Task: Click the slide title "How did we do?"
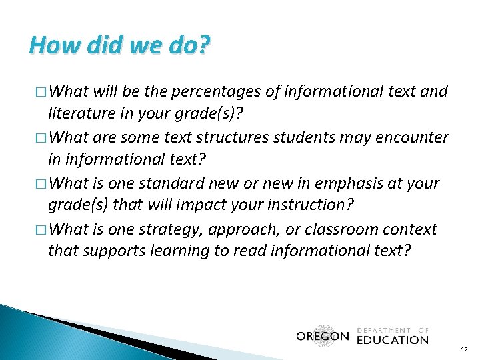(x=120, y=45)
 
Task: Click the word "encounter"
(x=413, y=137)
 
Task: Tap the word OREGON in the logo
(x=323, y=337)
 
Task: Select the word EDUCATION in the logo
(x=392, y=339)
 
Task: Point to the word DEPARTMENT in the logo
(x=385, y=329)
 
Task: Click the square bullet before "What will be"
(x=41, y=92)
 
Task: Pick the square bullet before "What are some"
(x=41, y=138)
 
